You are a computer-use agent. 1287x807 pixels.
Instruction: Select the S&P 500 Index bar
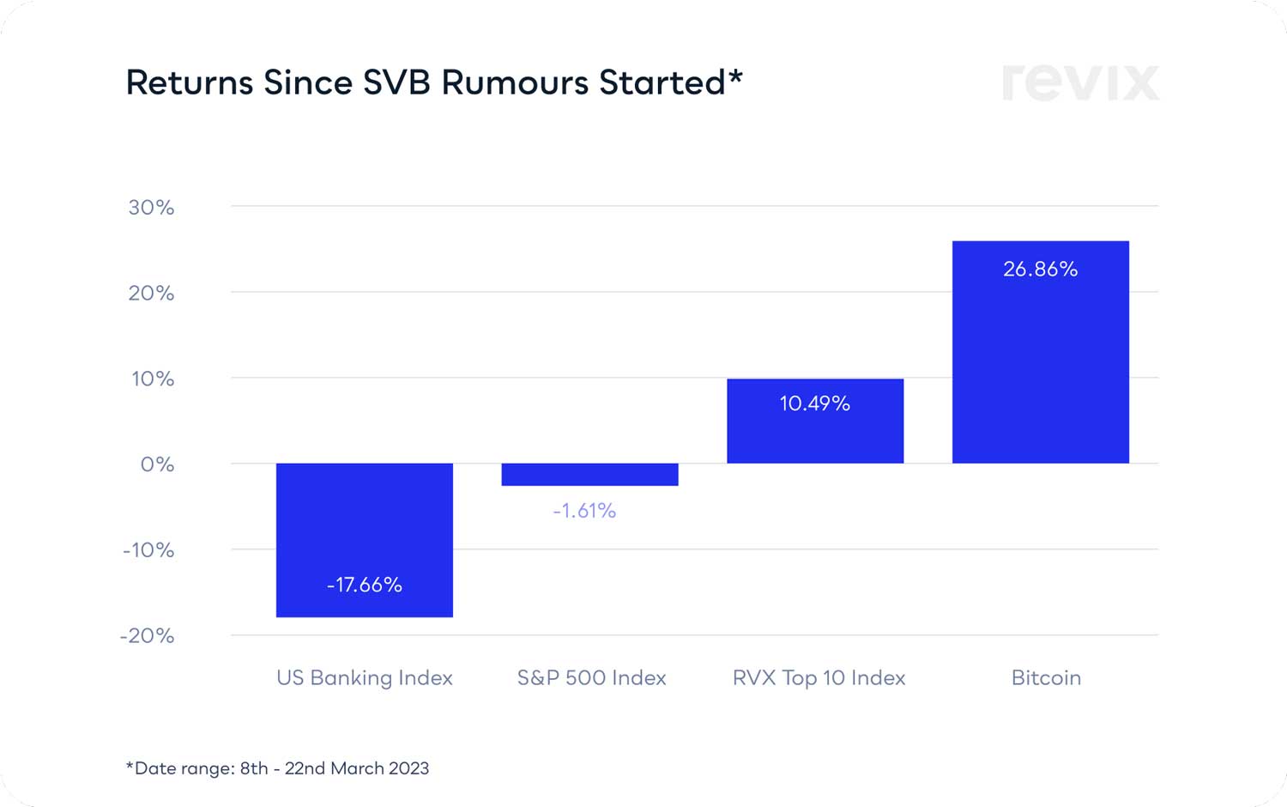coord(590,475)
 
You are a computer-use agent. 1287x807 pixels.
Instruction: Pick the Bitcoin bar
coord(1041,361)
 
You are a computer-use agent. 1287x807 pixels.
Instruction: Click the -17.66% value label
coord(365,585)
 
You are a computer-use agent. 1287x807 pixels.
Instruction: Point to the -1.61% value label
coord(584,511)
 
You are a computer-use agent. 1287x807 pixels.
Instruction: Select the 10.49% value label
coord(815,403)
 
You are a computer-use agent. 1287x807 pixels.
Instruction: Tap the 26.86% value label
coord(1041,269)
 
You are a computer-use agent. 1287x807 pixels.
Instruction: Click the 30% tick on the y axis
coord(151,207)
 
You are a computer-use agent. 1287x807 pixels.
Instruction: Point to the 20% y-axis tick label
coord(151,293)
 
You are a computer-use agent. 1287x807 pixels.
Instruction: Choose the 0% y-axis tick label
coord(157,464)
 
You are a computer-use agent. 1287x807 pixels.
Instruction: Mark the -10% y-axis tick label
coord(148,550)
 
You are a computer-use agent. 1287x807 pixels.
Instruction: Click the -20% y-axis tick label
coord(147,636)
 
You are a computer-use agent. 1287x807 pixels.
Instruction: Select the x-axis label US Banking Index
coord(365,677)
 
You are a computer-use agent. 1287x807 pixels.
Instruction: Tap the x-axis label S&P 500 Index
coord(592,677)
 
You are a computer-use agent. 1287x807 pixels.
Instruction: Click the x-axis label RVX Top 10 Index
coord(819,677)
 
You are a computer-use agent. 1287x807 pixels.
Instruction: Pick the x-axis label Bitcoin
coord(1046,677)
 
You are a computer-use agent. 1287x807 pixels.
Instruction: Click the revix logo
coord(1081,82)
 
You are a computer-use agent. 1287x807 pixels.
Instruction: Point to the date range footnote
coord(278,768)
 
